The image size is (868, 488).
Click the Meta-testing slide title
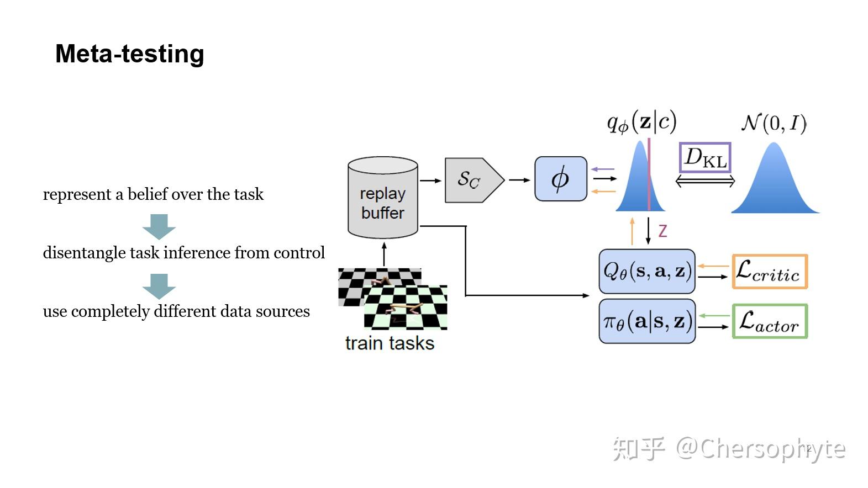130,54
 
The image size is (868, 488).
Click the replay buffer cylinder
382,199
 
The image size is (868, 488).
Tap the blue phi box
560,179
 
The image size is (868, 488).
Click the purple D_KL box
704,158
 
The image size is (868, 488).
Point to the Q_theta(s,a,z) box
646,271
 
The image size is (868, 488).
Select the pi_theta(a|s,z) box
646,321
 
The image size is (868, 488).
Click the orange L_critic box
770,272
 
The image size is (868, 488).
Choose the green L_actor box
770,321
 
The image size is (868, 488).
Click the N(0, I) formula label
774,123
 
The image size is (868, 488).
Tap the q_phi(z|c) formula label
641,121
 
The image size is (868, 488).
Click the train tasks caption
390,343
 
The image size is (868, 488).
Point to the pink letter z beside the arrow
662,231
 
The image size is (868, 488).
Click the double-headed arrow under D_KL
705,181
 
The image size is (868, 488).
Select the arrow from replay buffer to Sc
430,181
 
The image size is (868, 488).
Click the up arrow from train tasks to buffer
384,254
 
